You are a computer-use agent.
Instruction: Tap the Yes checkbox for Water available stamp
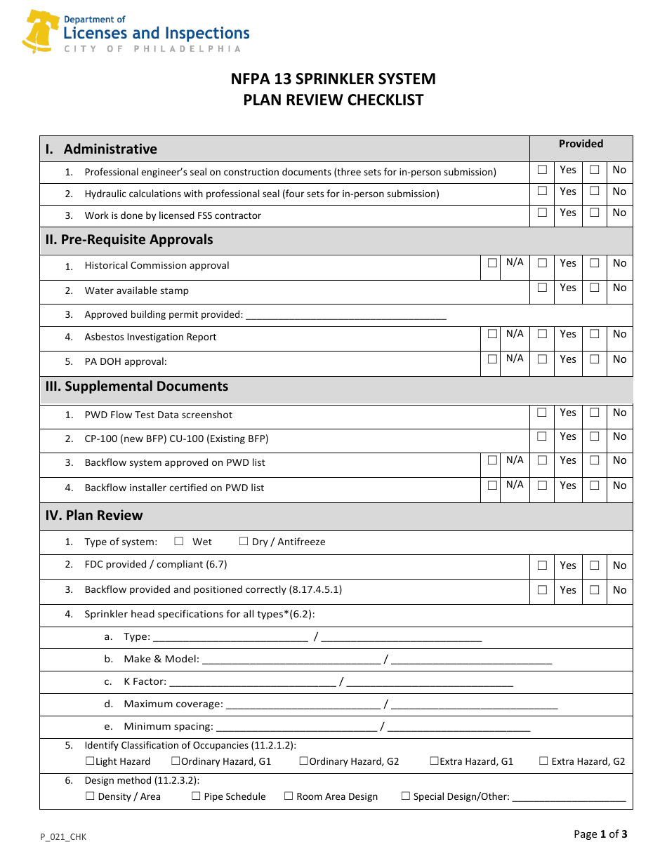pos(542,288)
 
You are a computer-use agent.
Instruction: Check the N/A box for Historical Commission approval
pos(493,263)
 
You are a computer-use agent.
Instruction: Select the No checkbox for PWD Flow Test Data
pos(594,413)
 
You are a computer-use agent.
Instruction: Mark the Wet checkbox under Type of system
pos(179,542)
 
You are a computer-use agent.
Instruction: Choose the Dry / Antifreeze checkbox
pos(244,542)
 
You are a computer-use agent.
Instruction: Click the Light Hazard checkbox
pos(90,761)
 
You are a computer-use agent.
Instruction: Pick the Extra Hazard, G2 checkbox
pos(543,761)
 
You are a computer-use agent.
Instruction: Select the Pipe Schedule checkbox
pos(197,796)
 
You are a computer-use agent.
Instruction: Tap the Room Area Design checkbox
pos(289,796)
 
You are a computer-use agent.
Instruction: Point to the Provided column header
pos(581,144)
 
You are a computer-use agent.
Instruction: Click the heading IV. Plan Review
pos(94,516)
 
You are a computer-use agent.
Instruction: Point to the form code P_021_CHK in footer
pos(63,836)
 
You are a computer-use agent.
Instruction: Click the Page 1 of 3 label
pos(600,834)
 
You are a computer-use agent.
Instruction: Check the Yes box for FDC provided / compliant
pos(542,566)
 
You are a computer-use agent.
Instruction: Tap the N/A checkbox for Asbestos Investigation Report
pos(493,334)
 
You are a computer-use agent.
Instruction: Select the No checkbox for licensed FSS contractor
pos(594,213)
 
